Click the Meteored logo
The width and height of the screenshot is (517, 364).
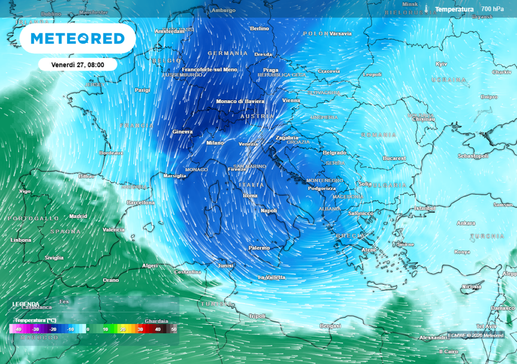pyautogui.click(x=77, y=38)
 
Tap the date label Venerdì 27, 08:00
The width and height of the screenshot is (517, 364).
pyautogui.click(x=78, y=65)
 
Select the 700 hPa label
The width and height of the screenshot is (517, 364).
pyautogui.click(x=492, y=9)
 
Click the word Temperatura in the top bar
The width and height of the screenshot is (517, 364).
pyautogui.click(x=454, y=9)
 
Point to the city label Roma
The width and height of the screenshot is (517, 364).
pyautogui.click(x=250, y=196)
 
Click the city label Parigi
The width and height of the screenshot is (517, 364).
pyautogui.click(x=142, y=90)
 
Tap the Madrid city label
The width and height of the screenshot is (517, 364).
pyautogui.click(x=78, y=216)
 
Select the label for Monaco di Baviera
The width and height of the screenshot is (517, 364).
pyautogui.click(x=240, y=101)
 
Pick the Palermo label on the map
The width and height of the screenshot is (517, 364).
pyautogui.click(x=259, y=248)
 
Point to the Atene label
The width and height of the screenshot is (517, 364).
pyautogui.click(x=367, y=250)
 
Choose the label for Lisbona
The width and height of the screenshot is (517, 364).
pyautogui.click(x=21, y=240)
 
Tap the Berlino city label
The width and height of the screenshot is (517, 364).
pyautogui.click(x=260, y=29)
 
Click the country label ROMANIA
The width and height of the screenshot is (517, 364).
pyautogui.click(x=379, y=135)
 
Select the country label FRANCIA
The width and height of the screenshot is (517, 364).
pyautogui.click(x=136, y=125)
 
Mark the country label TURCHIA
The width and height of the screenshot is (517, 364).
pyautogui.click(x=487, y=236)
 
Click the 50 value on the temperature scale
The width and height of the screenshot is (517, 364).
pyautogui.click(x=174, y=329)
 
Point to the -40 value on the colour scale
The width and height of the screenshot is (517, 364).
pyautogui.click(x=18, y=329)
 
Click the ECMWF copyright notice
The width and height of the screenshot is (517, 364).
pyautogui.click(x=476, y=335)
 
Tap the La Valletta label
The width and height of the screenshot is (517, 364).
pyautogui.click(x=272, y=277)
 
